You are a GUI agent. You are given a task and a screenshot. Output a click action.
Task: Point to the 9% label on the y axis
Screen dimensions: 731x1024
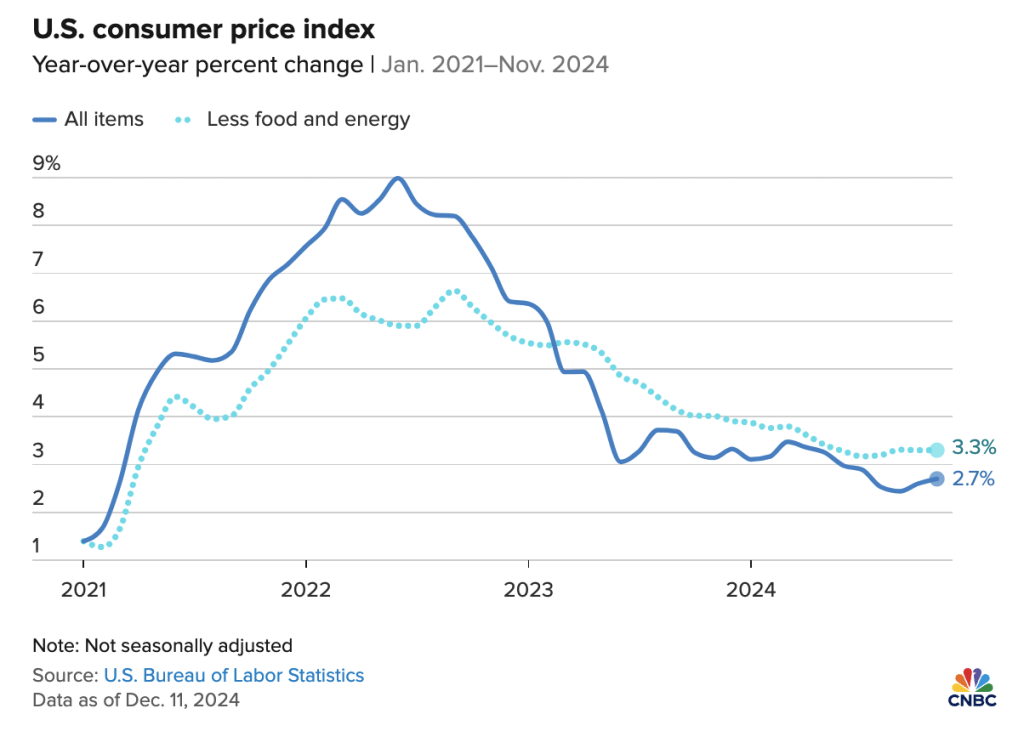coord(47,164)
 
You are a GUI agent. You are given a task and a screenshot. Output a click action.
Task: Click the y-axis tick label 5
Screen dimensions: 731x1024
coord(39,356)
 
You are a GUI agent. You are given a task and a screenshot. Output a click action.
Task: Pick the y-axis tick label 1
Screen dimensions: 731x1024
coord(38,546)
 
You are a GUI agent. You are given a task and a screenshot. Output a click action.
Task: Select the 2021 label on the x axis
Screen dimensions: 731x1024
coord(83,589)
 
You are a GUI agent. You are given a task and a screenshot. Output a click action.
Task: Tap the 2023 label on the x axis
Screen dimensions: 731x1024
coord(528,589)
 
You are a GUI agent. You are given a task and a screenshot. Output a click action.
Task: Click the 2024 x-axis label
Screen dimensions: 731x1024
coord(751,589)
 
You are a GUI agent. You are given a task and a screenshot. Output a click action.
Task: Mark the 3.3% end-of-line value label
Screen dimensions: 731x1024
coord(973,447)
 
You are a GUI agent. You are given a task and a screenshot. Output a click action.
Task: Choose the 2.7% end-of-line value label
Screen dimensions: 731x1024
coord(973,479)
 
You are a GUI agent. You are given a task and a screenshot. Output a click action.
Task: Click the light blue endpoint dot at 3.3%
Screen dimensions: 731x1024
coord(936,450)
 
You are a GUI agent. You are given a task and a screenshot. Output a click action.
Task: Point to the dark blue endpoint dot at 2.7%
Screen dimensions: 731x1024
coord(936,479)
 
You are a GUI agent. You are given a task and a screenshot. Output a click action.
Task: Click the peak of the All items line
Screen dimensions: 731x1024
coord(398,178)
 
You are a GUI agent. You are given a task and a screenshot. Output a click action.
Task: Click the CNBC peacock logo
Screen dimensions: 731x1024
coord(973,681)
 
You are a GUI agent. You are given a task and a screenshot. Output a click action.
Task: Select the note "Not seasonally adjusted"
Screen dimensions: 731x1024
coord(162,645)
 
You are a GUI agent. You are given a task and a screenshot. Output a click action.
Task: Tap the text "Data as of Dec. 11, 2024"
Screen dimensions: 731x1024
coord(136,700)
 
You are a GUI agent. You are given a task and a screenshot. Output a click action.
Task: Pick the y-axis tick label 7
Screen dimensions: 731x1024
coord(39,260)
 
